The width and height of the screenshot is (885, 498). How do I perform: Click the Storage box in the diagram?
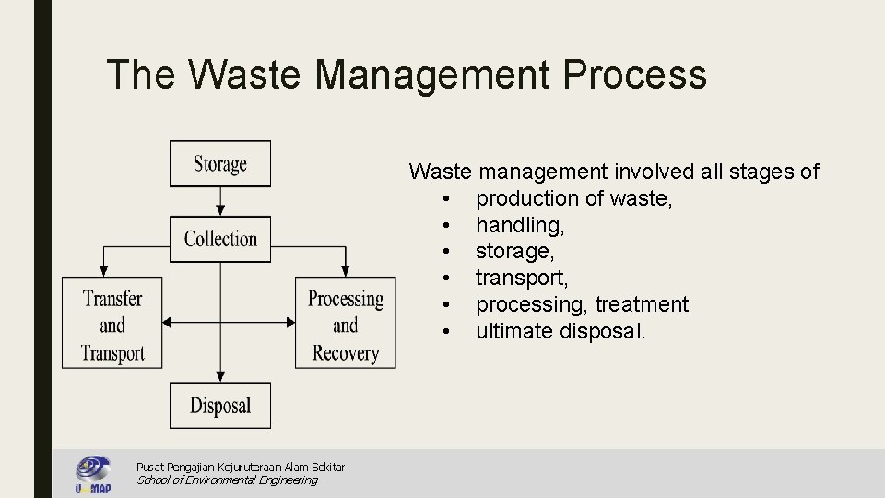(220, 164)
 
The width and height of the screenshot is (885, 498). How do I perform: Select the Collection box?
(220, 239)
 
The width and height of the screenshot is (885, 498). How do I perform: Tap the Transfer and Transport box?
(112, 325)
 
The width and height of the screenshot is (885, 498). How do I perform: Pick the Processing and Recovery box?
(345, 325)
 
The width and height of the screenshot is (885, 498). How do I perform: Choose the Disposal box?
(220, 406)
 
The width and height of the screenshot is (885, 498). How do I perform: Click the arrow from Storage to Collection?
(220, 201)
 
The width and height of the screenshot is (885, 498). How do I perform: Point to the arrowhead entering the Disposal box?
(220, 376)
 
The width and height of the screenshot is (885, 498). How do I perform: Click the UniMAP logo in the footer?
(93, 474)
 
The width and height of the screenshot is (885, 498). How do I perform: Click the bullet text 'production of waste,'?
(573, 198)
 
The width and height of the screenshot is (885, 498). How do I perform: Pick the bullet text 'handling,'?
(520, 225)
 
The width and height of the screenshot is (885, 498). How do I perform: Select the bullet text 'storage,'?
(514, 251)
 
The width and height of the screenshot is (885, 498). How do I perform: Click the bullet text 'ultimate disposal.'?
(560, 331)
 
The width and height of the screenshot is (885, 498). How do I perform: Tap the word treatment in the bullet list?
(642, 304)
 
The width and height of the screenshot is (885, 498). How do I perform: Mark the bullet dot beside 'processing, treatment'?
(445, 304)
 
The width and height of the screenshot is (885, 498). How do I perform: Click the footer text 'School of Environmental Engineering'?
(227, 480)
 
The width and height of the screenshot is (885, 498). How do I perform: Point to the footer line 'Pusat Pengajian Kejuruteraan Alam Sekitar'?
(241, 468)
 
